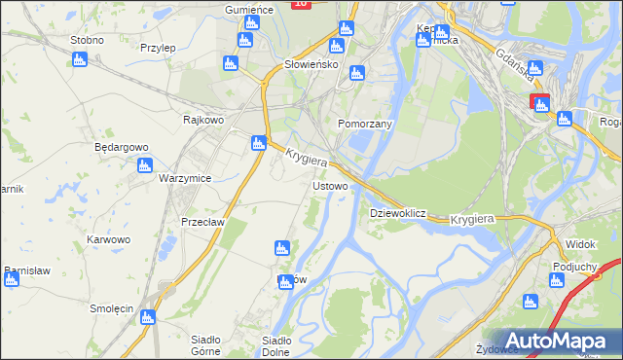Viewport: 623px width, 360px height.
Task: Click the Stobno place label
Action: click(x=87, y=40)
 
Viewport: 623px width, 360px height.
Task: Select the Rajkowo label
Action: click(x=203, y=120)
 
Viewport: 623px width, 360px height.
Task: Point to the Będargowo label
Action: click(x=121, y=147)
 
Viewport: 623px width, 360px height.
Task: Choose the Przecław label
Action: click(x=203, y=221)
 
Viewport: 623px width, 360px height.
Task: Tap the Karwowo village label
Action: click(x=108, y=238)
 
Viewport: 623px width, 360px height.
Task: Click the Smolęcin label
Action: click(x=111, y=307)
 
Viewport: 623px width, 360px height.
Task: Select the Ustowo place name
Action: click(x=329, y=185)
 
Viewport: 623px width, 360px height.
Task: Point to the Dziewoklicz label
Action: click(x=399, y=212)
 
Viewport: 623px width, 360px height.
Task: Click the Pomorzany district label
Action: click(x=364, y=125)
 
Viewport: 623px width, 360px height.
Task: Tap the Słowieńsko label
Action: click(x=310, y=64)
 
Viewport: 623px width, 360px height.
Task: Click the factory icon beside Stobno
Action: click(x=80, y=59)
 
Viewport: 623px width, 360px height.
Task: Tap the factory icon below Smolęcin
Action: click(x=147, y=317)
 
